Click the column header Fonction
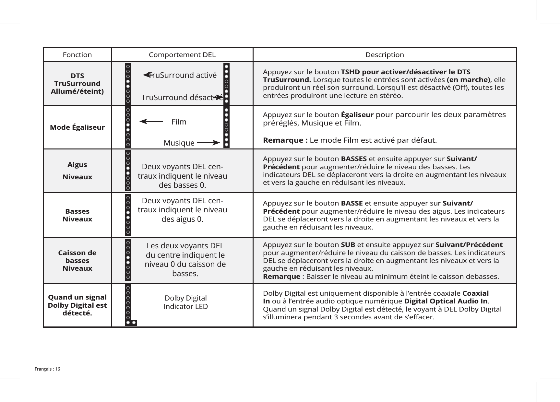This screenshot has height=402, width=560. click(77, 55)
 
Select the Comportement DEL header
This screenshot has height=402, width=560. click(182, 55)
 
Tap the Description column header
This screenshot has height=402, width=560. click(385, 55)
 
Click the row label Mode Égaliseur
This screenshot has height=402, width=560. click(77, 127)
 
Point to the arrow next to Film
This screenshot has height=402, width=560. click(151, 122)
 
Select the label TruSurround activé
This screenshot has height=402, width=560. click(182, 75)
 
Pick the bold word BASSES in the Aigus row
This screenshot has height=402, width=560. click(354, 159)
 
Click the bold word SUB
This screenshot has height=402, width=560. click(348, 244)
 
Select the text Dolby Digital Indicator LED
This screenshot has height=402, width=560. click(185, 302)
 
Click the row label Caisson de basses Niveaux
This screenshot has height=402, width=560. click(77, 260)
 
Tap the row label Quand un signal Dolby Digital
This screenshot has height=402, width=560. click(77, 305)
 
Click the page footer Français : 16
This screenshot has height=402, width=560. click(48, 369)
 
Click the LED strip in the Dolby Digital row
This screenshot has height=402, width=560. click(128, 305)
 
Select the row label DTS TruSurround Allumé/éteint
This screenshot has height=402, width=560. click(77, 83)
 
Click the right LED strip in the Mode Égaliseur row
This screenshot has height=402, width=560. click(226, 127)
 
